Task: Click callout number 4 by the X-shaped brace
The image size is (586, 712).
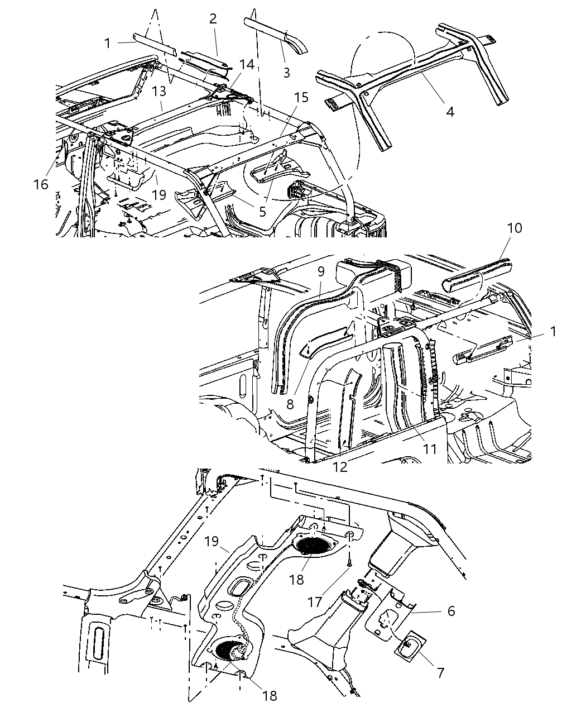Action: point(449,112)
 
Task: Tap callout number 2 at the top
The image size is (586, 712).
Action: point(213,18)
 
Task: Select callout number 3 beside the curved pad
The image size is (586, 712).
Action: point(286,72)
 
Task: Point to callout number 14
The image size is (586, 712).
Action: point(247,65)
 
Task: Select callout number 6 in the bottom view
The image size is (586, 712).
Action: point(451,611)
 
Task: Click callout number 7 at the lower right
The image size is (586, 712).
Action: point(440,673)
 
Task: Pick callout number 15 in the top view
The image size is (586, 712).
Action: point(301,98)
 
